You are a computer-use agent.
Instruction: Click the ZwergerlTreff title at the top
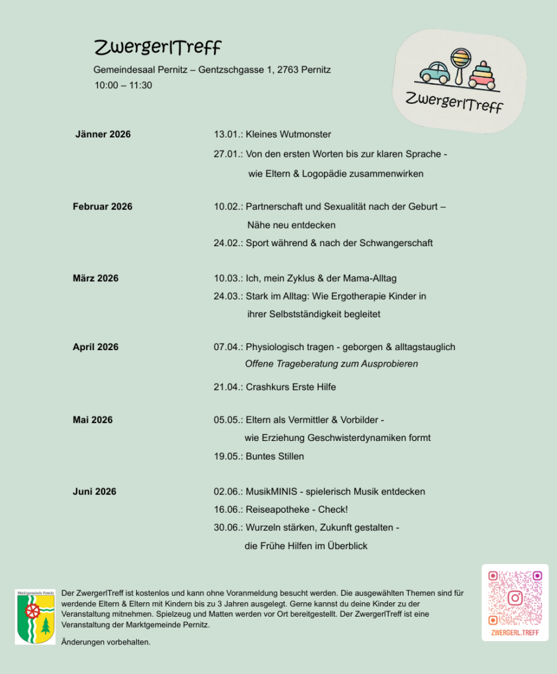pos(157,47)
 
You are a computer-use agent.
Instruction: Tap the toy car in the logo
pos(435,72)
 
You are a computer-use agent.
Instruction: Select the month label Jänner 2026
pos(103,134)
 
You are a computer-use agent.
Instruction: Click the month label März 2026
pos(95,278)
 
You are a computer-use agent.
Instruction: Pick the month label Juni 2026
pos(94,492)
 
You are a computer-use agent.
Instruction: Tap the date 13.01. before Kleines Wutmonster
pos(227,134)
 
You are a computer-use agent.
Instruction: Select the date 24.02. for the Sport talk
pos(227,243)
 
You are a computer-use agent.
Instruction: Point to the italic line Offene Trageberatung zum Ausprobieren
pos(331,364)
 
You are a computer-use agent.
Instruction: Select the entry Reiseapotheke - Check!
pos(296,509)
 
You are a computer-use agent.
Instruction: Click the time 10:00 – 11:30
pos(123,85)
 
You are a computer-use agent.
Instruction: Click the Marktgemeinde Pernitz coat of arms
pos(35,617)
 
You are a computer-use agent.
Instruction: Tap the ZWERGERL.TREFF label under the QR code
pos(515,633)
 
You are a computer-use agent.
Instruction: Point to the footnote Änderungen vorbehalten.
pos(105,642)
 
